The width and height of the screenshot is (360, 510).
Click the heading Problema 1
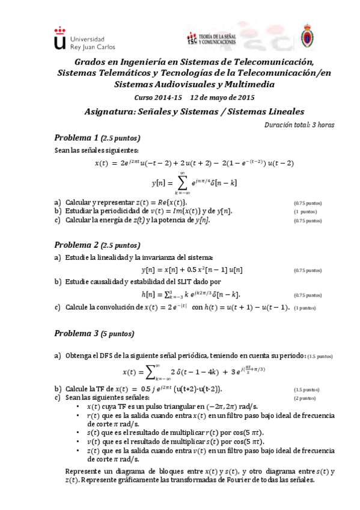point(76,136)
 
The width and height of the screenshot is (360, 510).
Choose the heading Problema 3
point(76,333)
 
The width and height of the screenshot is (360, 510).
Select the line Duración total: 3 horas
point(299,124)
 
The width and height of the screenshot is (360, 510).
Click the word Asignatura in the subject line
point(110,111)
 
